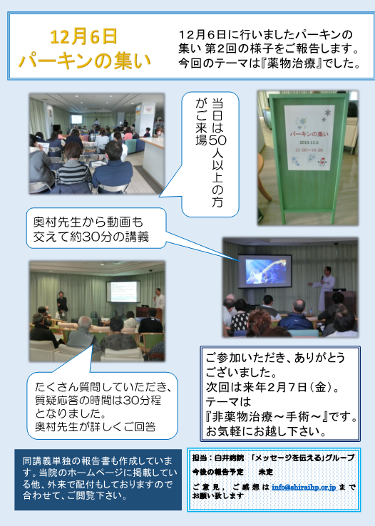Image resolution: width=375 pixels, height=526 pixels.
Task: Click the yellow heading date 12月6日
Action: click(83, 37)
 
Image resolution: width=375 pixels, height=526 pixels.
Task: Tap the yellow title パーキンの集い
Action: click(85, 61)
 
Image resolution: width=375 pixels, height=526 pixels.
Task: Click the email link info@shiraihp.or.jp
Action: click(304, 487)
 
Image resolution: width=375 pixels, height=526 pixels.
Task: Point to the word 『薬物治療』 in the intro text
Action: click(291, 63)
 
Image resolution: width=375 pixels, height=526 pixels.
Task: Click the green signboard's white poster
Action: click(307, 138)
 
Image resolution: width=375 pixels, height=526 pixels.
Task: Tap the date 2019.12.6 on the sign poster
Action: click(309, 143)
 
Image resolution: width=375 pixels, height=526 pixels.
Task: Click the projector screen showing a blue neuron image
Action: click(265, 271)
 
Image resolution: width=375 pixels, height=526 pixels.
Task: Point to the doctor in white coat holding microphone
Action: click(325, 288)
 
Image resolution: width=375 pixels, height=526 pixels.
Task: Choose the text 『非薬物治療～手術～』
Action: click(267, 417)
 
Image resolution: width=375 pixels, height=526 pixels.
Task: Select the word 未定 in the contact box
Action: click(266, 472)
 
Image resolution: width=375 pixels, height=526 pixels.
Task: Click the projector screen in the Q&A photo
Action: click(123, 292)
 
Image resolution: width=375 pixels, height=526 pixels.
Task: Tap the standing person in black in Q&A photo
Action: click(62, 303)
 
